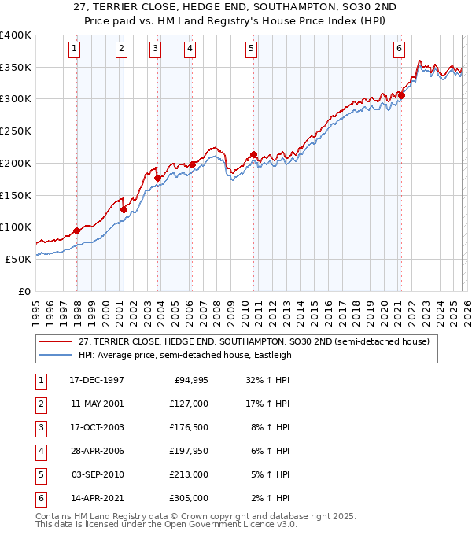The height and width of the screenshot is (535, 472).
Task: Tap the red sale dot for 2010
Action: click(253, 155)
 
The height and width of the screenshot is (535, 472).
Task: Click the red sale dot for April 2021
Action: click(401, 96)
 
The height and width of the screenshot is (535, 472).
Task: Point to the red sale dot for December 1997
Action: click(77, 231)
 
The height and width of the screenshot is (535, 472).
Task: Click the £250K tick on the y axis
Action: click(16, 131)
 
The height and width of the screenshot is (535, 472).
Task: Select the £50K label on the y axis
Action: click(19, 259)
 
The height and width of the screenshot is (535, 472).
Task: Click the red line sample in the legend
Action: click(55, 342)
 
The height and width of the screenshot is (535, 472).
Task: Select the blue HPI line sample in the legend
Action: click(55, 355)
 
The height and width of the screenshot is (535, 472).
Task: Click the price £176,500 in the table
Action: click(189, 427)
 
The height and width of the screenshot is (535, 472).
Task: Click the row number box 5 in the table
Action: click(40, 474)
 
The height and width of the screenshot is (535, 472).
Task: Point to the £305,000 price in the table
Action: click(189, 498)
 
